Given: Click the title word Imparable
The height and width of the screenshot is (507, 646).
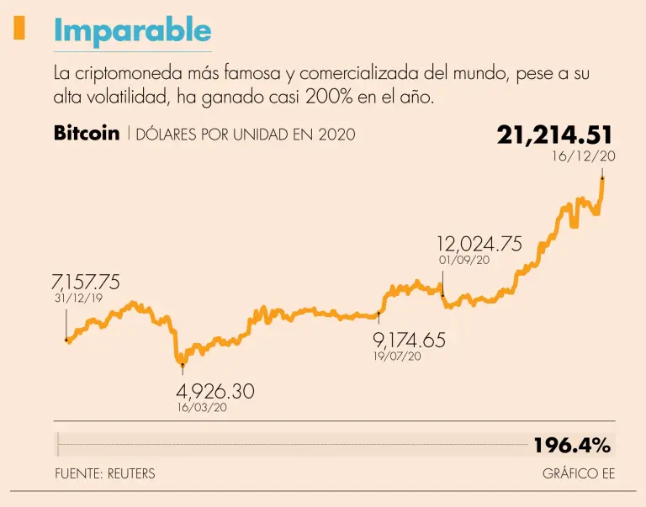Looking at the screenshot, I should pos(132,31).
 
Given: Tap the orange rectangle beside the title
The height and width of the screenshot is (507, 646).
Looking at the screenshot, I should pos(19,29).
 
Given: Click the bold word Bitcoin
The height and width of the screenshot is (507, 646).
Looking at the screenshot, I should pos(86,134).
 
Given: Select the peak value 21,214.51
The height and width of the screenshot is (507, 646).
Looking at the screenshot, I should pos(554,135).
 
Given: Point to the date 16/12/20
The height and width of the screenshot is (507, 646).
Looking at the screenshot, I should pos(584,157).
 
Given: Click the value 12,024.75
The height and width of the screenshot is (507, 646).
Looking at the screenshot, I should pos(479,244).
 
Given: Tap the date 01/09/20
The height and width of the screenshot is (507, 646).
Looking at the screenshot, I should pos(463,261).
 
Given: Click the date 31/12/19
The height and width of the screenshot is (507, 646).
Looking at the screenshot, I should pos(78,298).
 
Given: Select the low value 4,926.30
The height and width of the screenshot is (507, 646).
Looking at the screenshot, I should pos(214,391).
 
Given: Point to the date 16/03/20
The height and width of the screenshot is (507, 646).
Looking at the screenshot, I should pos(201,408).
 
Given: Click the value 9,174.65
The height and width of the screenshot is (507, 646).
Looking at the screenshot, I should pos(409,341).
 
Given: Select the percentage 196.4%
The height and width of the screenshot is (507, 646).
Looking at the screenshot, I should pos(572,444).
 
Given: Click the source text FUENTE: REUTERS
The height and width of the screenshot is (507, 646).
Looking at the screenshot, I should pos(105,473).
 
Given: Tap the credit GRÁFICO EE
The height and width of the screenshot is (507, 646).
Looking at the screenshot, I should pos(579,473).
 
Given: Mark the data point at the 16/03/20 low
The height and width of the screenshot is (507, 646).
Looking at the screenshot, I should pos(183,364).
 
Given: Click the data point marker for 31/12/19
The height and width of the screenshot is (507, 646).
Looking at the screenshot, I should pos(66,340).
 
